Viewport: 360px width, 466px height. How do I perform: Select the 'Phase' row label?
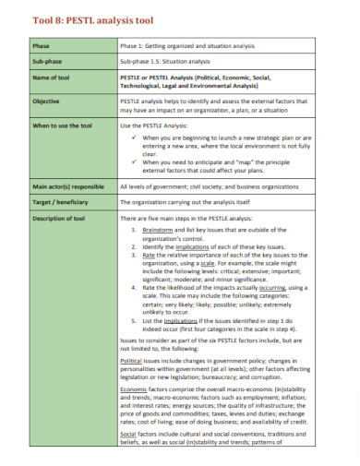pos(42,44)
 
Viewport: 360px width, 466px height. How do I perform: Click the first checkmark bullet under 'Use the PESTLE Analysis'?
pos(135,137)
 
